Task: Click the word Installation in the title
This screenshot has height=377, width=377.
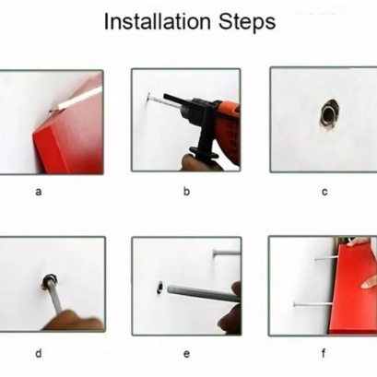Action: pyautogui.click(x=158, y=21)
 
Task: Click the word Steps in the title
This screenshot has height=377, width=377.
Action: pyautogui.click(x=247, y=22)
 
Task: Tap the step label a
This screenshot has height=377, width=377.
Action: pyautogui.click(x=39, y=192)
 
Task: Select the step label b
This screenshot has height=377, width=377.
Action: pyautogui.click(x=186, y=191)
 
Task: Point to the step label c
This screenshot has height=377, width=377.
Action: pyautogui.click(x=324, y=192)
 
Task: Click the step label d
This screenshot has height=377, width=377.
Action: pyautogui.click(x=39, y=353)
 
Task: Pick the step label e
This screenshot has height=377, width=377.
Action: pyautogui.click(x=186, y=354)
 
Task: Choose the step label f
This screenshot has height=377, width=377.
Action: pyautogui.click(x=324, y=353)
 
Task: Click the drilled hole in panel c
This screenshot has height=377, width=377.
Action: pyautogui.click(x=329, y=114)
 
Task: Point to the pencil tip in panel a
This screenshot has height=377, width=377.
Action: pyautogui.click(x=53, y=109)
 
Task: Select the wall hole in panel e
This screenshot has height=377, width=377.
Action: pyautogui.click(x=159, y=288)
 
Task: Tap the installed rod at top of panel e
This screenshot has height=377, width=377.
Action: pyautogui.click(x=227, y=253)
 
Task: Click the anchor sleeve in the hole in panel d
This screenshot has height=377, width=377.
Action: pyautogui.click(x=49, y=280)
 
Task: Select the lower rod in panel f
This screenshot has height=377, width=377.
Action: pyautogui.click(x=312, y=304)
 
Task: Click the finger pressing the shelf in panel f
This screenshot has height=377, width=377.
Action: pyautogui.click(x=369, y=283)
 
